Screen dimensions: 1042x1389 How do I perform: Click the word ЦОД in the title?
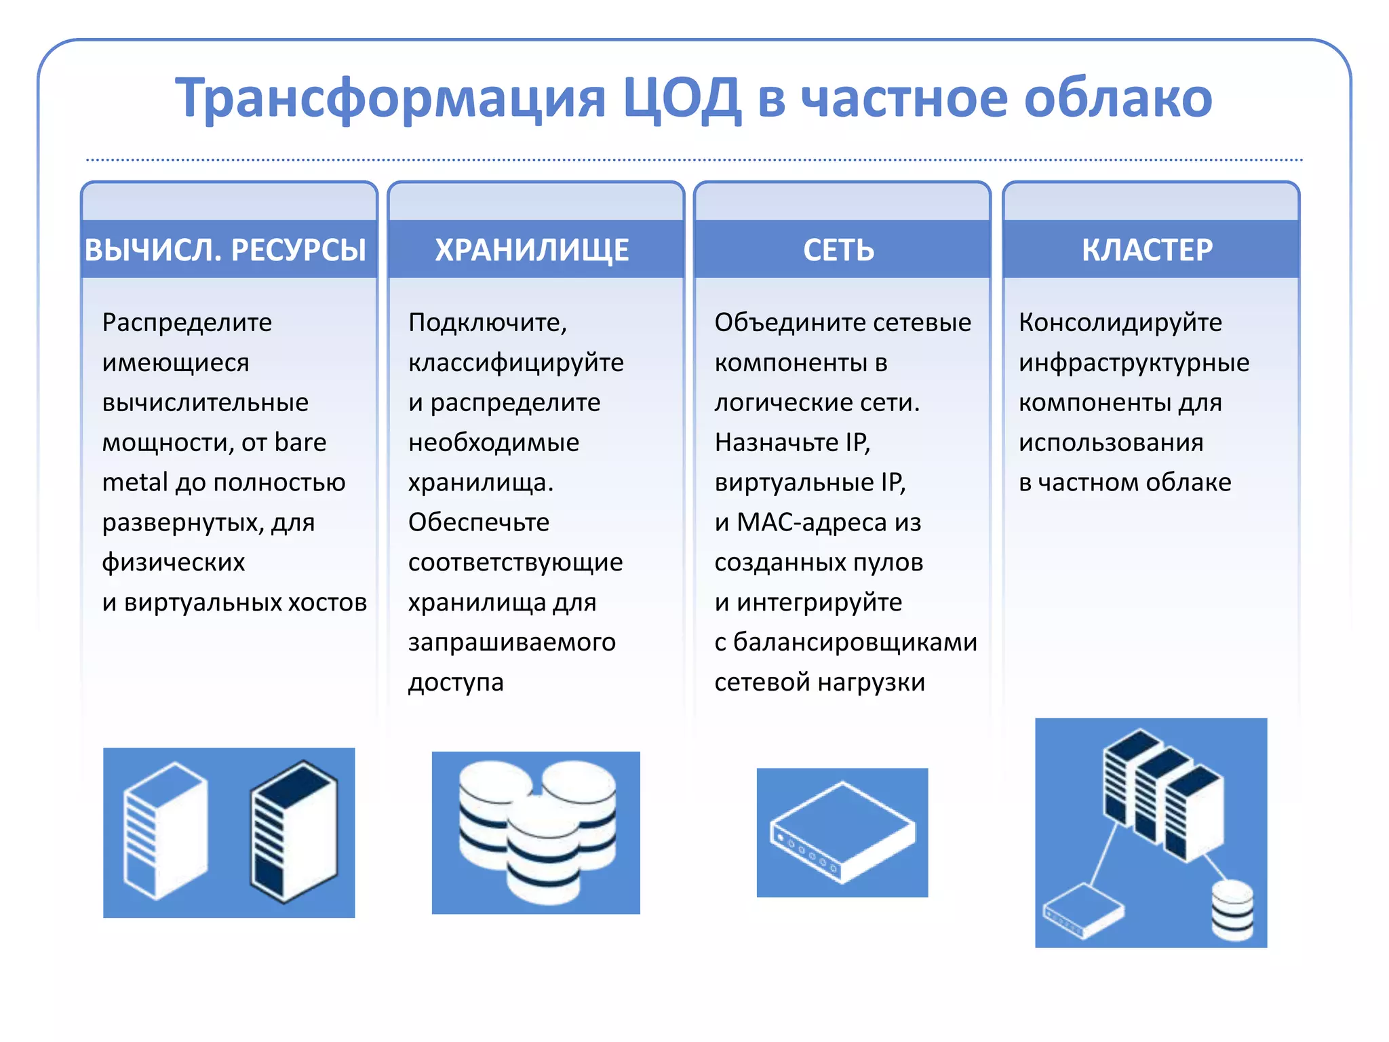coord(681,99)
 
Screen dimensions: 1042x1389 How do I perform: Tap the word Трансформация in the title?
coord(390,99)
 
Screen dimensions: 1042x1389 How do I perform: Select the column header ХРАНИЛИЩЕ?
coord(532,250)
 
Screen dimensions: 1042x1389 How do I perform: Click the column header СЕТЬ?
coord(839,250)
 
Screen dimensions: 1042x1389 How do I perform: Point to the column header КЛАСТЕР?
coord(1147,250)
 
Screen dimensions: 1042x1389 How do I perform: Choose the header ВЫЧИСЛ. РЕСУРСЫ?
coord(226,250)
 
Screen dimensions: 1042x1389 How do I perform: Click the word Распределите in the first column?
coord(187,322)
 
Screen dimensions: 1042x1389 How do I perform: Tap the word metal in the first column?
coord(134,482)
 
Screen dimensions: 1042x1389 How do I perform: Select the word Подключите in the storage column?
coord(486,322)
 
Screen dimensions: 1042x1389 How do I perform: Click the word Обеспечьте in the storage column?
coord(479,522)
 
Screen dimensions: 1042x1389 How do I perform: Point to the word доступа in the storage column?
coord(456,682)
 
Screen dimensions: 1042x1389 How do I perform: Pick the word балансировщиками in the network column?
coord(855,642)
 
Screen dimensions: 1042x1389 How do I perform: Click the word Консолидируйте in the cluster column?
coord(1120,322)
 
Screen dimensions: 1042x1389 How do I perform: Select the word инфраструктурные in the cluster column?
coord(1134,363)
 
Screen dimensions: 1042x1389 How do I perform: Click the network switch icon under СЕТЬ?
coord(842,832)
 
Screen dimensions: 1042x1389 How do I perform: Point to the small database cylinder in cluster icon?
coord(1232,910)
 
